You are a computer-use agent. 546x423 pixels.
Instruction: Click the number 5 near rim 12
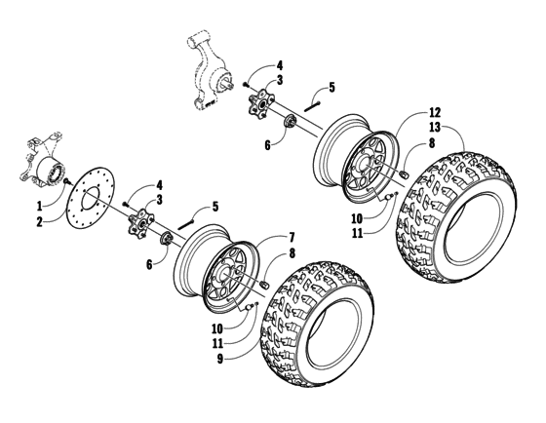[331, 87]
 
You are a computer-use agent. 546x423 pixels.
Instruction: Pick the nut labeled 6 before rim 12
[291, 123]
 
